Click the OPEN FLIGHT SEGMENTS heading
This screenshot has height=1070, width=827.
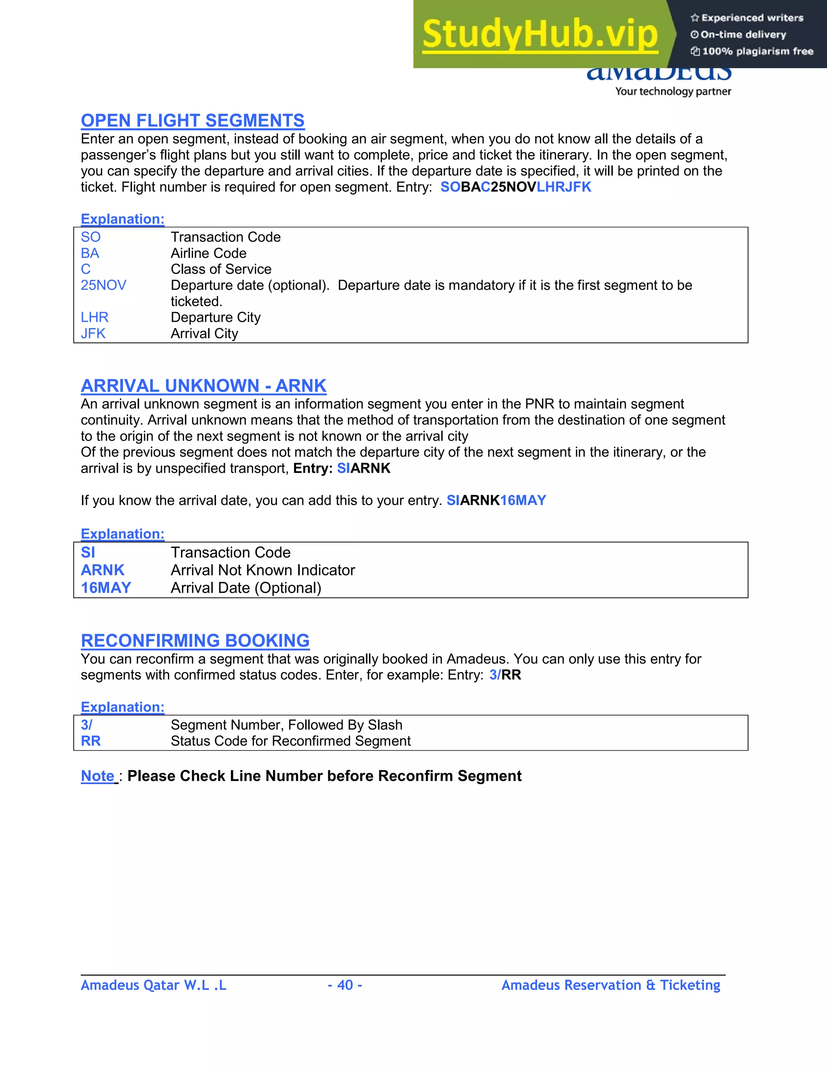click(193, 120)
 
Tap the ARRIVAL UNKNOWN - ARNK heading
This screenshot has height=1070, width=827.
click(204, 386)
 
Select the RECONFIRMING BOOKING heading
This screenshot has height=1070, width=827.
click(195, 641)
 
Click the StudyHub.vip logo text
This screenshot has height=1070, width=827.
click(539, 34)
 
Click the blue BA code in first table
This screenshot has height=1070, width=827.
click(90, 253)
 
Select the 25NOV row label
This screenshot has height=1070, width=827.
click(103, 285)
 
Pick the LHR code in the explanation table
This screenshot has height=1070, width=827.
click(94, 317)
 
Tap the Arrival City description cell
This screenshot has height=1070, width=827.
click(204, 334)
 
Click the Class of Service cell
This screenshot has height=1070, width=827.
click(221, 269)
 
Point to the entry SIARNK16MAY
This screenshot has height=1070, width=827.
click(496, 500)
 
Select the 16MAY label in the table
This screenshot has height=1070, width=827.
click(106, 588)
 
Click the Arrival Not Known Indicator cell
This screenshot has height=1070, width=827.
click(262, 570)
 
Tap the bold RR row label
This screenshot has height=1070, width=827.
click(90, 741)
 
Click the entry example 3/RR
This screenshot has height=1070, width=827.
click(505, 675)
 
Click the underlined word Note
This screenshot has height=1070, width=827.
click(97, 776)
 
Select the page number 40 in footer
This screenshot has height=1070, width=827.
click(345, 985)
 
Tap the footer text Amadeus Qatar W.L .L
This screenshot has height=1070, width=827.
click(153, 985)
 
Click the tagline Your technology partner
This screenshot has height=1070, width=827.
click(673, 92)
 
